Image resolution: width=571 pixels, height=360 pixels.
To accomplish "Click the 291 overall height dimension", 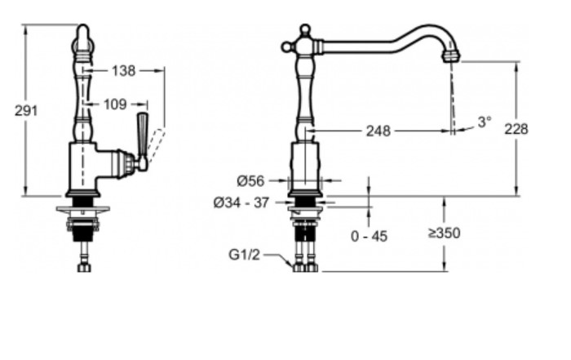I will point(26,111).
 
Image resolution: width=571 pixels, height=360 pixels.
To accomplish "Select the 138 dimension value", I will point(123,71).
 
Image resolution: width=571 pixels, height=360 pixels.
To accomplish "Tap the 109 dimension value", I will point(116,104).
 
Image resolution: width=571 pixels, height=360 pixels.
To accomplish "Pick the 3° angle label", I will point(485,122).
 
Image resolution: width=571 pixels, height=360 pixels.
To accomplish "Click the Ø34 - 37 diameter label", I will point(241,202).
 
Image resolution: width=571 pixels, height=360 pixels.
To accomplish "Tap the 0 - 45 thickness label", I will point(369,237).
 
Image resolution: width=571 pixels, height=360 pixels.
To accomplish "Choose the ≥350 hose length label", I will point(444,233).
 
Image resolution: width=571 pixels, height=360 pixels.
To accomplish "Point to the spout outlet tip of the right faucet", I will point(451,56).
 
